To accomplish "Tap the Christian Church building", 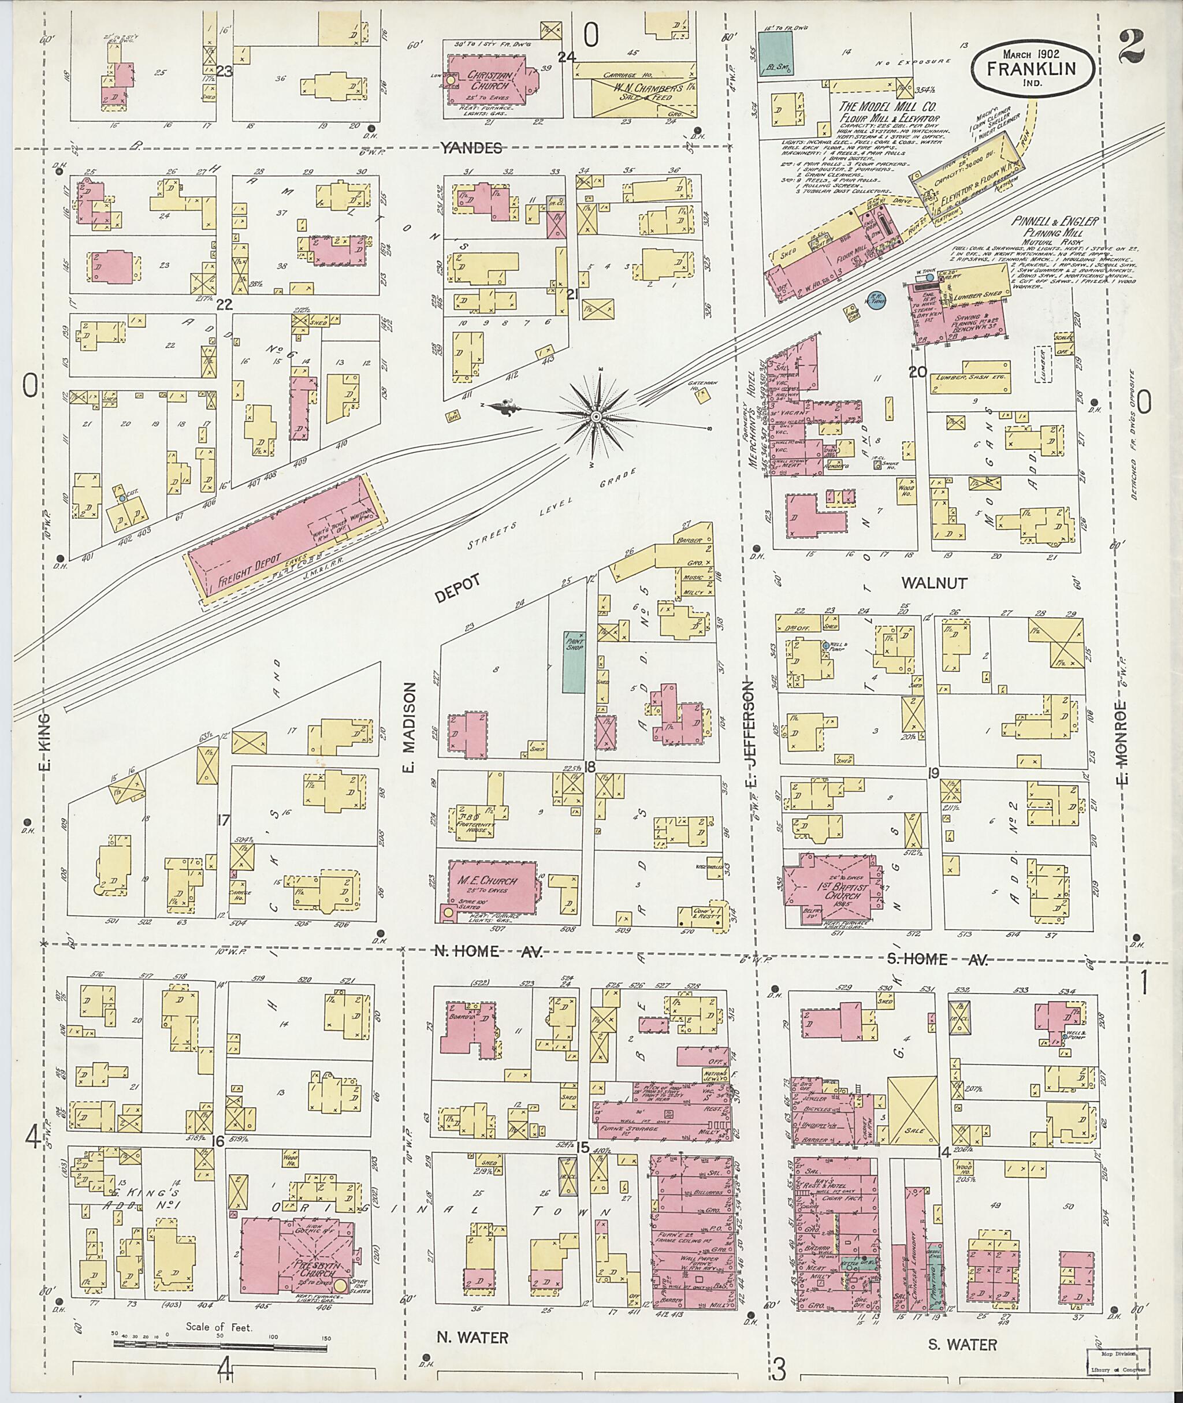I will pyautogui.click(x=493, y=83).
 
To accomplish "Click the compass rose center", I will pyautogui.click(x=595, y=416).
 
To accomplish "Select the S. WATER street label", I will pyautogui.click(x=962, y=1345).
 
